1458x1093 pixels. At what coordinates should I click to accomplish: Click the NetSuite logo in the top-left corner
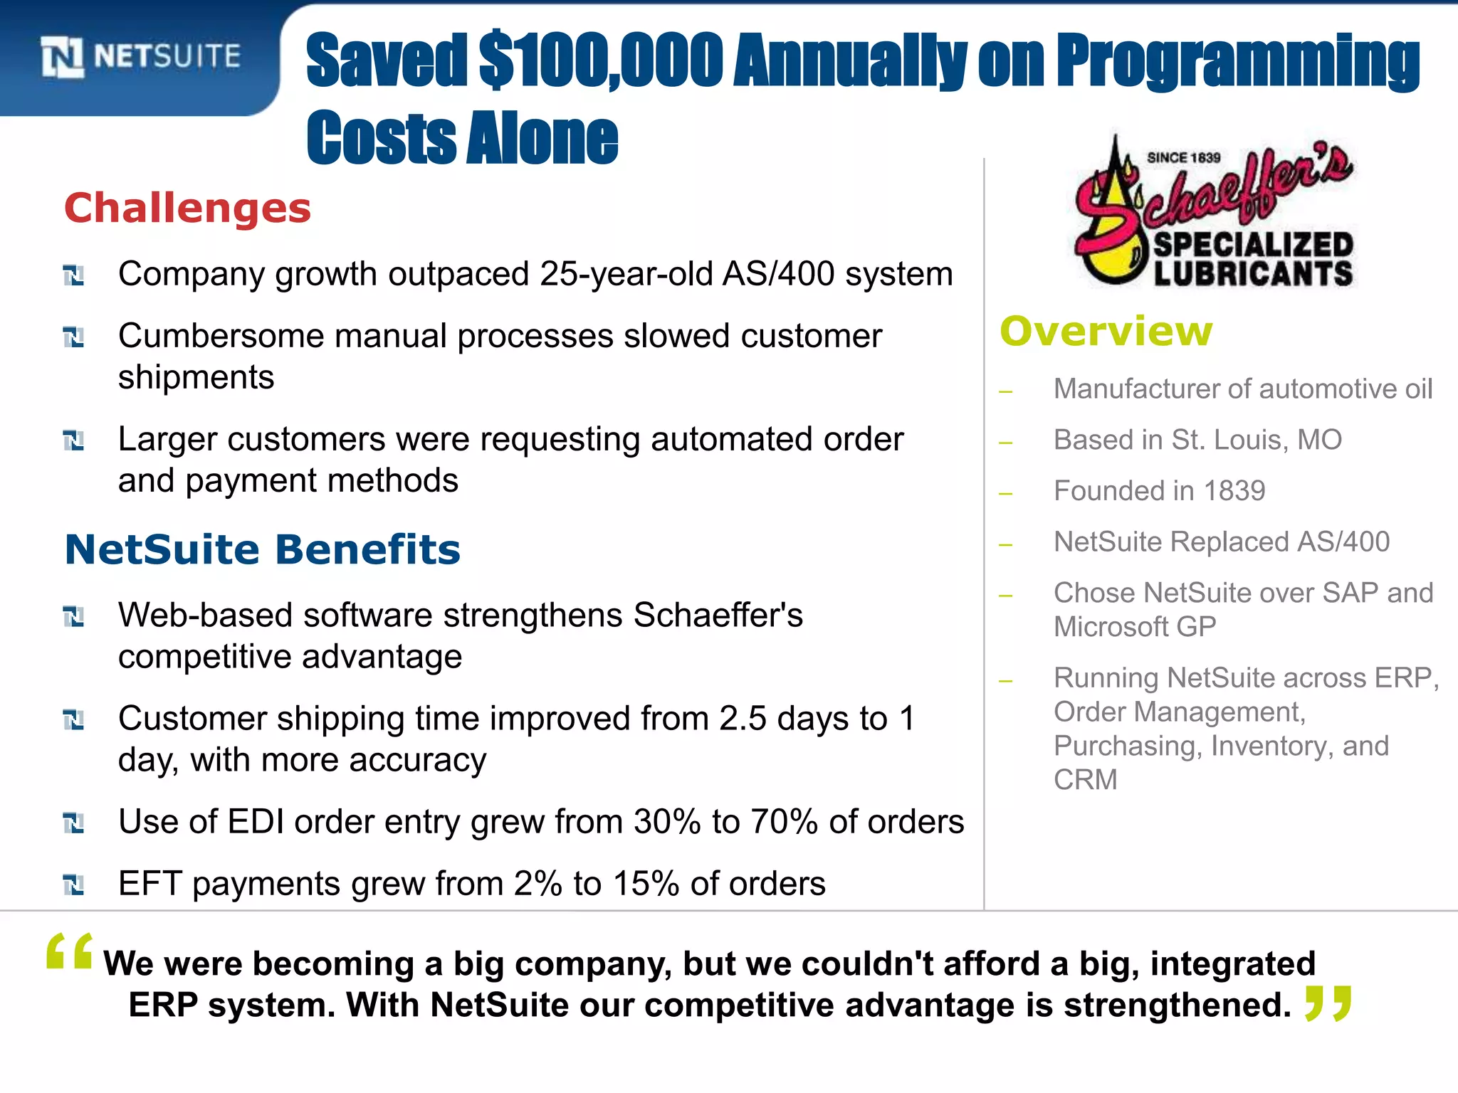click(141, 56)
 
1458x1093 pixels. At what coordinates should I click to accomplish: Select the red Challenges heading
click(188, 208)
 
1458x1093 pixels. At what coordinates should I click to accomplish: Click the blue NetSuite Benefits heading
click(263, 550)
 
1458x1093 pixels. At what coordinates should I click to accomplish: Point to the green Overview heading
click(1106, 332)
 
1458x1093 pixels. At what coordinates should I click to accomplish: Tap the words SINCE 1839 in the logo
click(1183, 158)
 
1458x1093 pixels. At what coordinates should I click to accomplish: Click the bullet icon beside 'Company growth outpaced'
click(73, 275)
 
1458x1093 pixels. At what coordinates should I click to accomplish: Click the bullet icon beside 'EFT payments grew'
click(73, 885)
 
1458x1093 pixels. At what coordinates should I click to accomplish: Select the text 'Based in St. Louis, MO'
click(1197, 440)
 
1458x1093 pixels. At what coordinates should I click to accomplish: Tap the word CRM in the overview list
click(1085, 780)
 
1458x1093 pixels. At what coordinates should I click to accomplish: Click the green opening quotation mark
click(69, 951)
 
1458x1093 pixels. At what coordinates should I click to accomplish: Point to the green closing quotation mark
click(1328, 1004)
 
